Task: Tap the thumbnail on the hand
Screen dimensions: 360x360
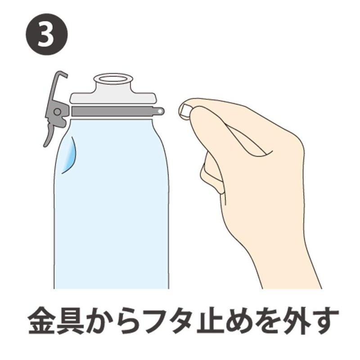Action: (184, 109)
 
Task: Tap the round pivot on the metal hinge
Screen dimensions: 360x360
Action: (57, 112)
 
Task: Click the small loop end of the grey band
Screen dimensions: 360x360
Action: (159, 110)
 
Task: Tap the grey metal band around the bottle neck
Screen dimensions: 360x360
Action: (112, 111)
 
